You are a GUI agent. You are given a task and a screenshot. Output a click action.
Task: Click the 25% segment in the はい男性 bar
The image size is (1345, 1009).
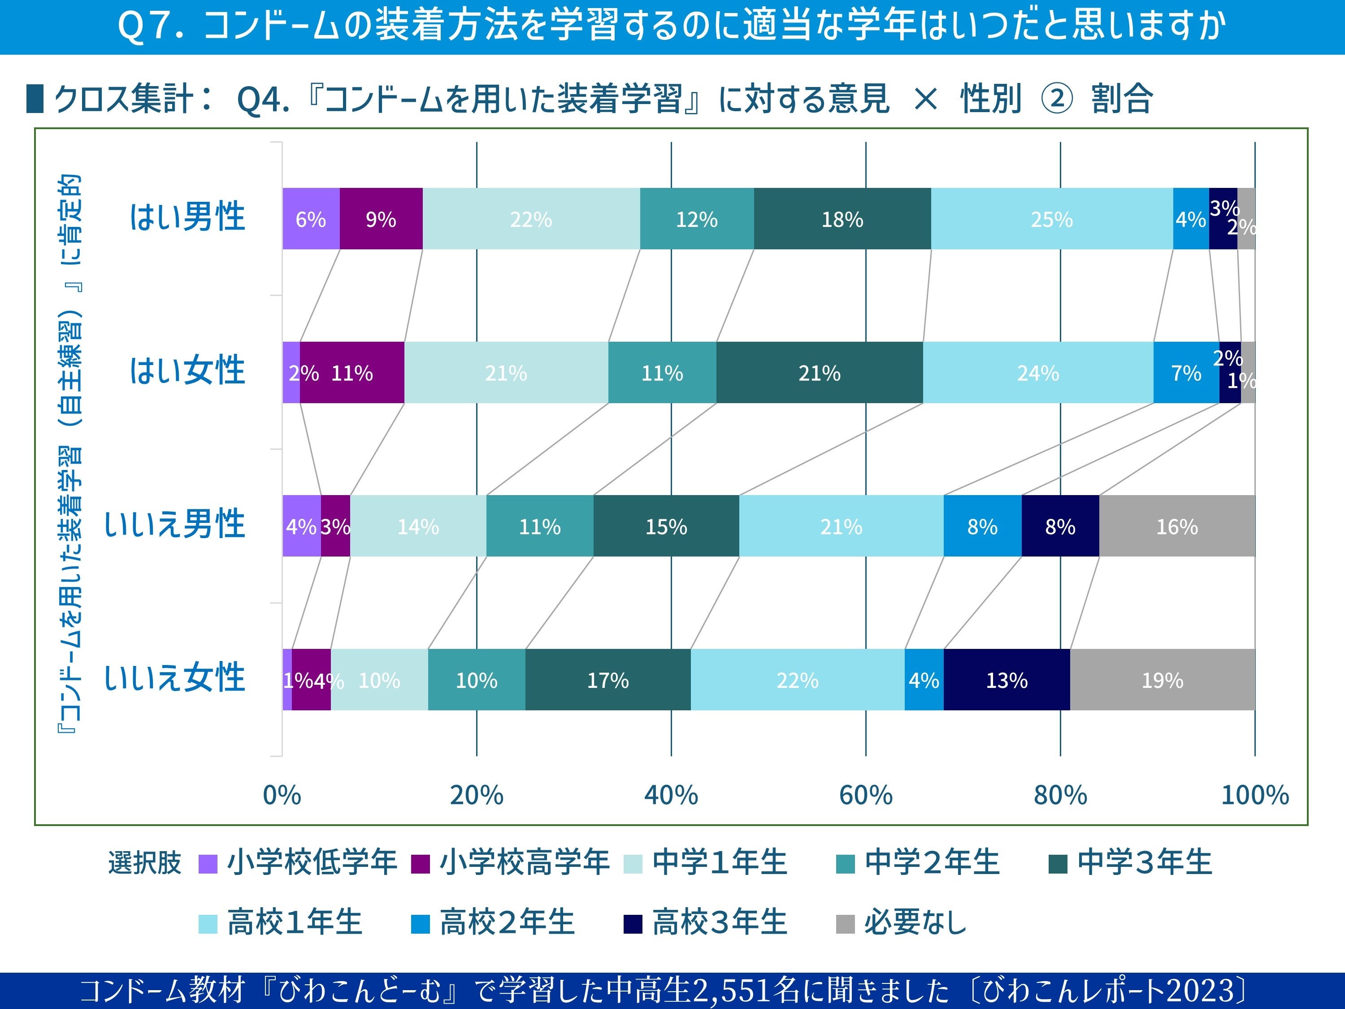(x=1051, y=219)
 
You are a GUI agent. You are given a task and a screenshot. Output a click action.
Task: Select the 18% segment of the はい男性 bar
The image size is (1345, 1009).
(x=842, y=219)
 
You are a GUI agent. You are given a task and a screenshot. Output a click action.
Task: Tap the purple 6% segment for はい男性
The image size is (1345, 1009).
(x=311, y=219)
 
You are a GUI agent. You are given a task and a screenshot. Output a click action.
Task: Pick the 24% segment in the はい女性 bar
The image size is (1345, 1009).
(x=1038, y=372)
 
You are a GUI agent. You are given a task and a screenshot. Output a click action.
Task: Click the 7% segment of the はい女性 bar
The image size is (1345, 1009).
(x=1186, y=372)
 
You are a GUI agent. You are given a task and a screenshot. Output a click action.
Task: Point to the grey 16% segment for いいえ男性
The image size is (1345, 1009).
(x=1176, y=526)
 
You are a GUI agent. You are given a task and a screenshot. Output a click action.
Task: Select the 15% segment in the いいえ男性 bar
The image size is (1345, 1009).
(x=666, y=526)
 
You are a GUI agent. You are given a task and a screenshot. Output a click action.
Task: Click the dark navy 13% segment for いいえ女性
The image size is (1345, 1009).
(x=1007, y=679)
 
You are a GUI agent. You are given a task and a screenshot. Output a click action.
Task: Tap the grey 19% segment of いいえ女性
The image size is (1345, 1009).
(x=1162, y=679)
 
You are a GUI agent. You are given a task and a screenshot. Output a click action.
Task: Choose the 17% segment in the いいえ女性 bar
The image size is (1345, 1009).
(x=607, y=679)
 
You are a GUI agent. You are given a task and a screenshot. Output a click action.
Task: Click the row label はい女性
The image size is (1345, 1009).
(x=187, y=370)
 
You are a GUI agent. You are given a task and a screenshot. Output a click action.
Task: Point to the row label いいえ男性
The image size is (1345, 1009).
(x=174, y=524)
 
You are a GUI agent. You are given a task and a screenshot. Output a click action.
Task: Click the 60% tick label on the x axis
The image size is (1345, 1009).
(x=865, y=795)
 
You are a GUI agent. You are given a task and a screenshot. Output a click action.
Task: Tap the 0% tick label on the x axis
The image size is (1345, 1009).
(x=282, y=795)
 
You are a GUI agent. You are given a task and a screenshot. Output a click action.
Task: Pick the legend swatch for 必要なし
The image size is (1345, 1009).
(x=845, y=924)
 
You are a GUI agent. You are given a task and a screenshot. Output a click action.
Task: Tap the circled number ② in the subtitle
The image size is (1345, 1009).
(x=1057, y=99)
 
